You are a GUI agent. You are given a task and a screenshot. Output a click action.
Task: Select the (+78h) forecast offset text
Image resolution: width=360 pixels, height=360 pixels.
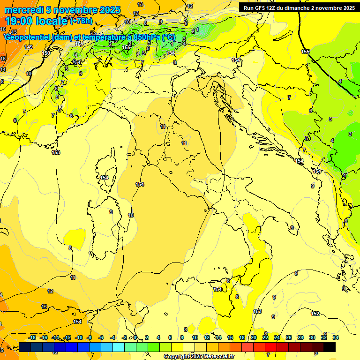81,22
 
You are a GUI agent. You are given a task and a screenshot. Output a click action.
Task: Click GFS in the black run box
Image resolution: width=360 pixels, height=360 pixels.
260,8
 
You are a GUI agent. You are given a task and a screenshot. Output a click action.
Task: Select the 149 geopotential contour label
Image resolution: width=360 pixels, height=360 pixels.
29,47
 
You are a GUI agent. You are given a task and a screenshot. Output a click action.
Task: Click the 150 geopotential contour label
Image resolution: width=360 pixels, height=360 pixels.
46,53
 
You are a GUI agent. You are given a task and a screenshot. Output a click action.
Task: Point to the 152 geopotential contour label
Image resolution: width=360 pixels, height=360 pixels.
315,314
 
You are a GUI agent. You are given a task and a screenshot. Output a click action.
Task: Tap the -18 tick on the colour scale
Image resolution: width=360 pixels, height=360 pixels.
32,337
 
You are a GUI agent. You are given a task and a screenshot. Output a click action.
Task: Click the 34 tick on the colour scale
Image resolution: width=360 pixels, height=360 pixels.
336,337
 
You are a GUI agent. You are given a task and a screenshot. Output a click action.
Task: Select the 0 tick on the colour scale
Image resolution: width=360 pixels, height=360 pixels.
135,337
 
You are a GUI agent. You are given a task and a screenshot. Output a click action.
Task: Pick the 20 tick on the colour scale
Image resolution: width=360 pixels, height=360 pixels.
254,337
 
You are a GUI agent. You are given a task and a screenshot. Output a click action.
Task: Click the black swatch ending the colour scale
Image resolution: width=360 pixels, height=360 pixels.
330,347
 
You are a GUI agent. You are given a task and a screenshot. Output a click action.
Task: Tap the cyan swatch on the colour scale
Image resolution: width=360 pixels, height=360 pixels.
118,347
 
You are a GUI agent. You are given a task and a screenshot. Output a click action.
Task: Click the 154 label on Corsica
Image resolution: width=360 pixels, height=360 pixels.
104,178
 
